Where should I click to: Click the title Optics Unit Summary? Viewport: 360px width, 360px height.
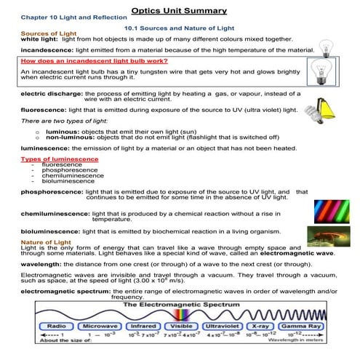pyautogui.click(x=180, y=10)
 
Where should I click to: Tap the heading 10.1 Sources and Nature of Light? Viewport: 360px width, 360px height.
pyautogui.click(x=180, y=27)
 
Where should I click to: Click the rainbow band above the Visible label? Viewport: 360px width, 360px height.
pyautogui.click(x=179, y=318)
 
